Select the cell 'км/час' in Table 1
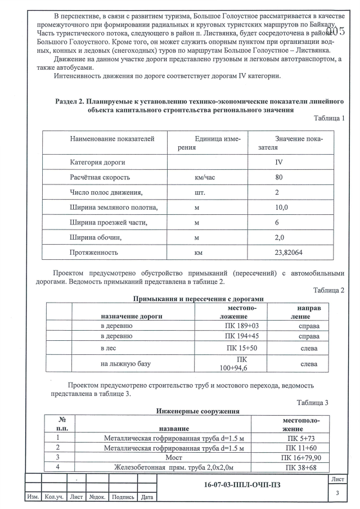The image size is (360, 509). pos(205,177)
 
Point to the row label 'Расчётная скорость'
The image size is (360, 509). pos(100,177)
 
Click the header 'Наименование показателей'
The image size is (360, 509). pos(111,138)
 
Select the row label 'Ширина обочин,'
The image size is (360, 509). pos(96,238)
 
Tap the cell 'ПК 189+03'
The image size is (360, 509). pos(242,326)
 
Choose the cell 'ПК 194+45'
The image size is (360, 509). pos(242,336)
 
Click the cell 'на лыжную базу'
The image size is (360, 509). pos(125,364)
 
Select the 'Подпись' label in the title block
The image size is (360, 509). pos(123,497)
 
